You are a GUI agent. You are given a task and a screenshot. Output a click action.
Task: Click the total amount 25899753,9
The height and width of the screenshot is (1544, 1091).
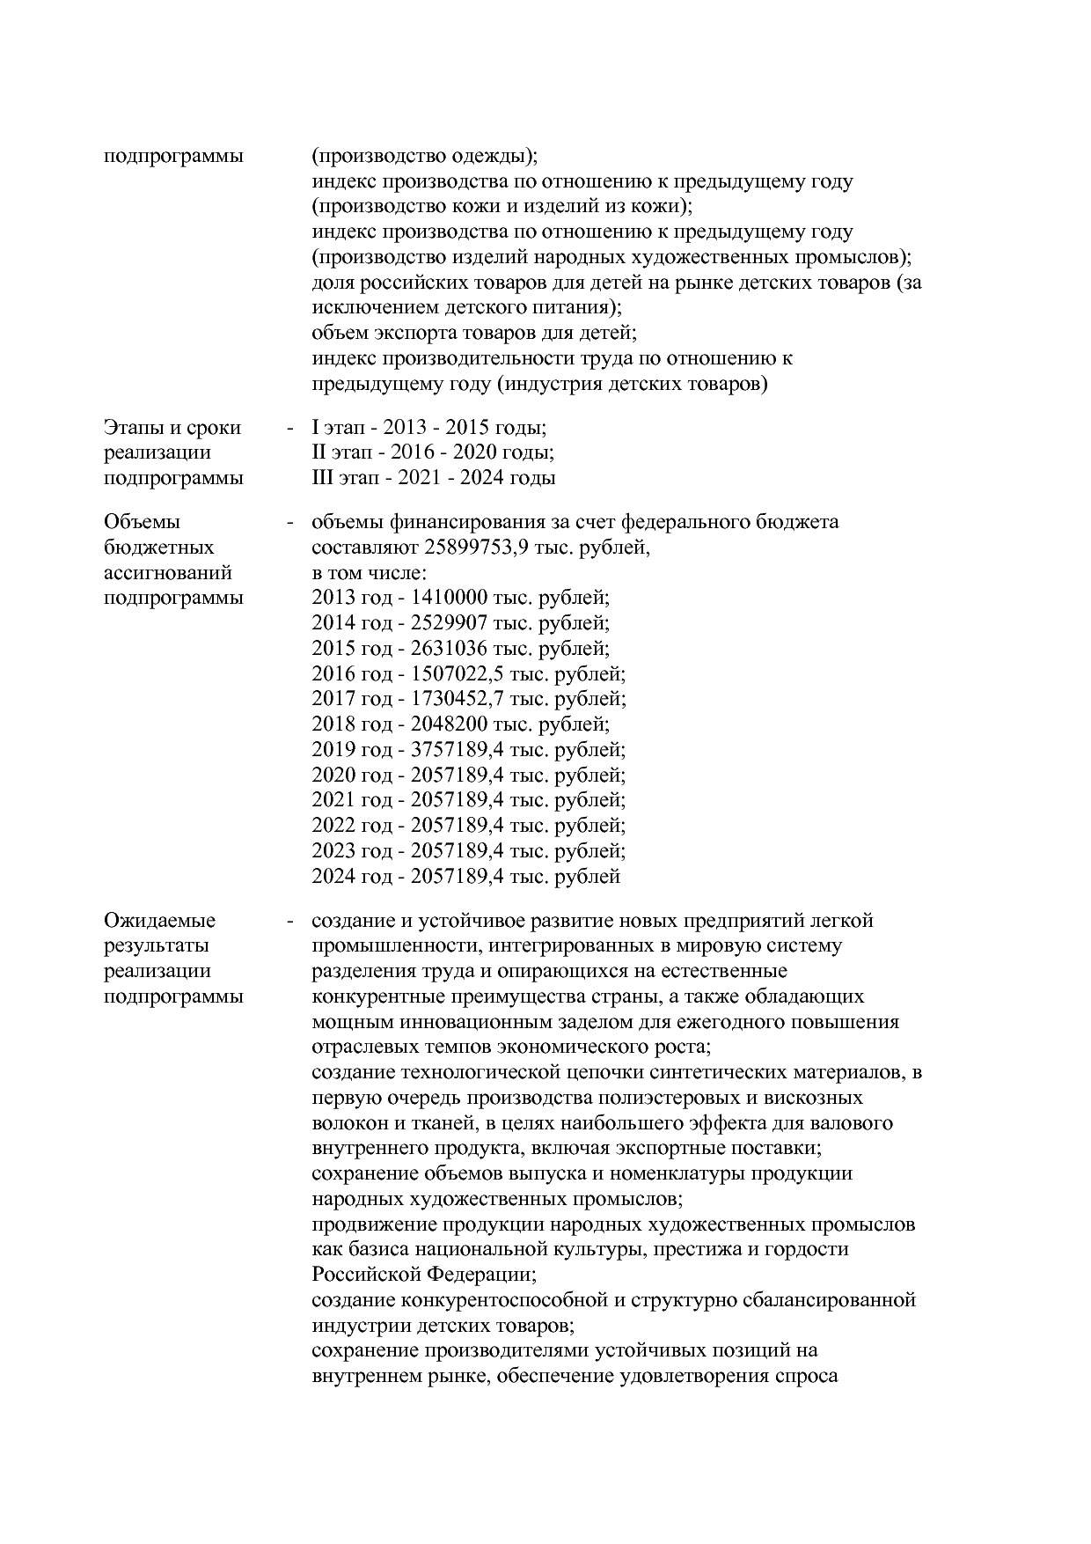480,548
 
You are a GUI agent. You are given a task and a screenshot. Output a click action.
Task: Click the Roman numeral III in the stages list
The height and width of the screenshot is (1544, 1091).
322,478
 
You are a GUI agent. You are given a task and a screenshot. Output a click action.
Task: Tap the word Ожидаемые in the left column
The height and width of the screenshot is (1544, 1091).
159,921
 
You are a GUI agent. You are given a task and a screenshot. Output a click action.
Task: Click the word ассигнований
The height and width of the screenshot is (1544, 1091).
167,573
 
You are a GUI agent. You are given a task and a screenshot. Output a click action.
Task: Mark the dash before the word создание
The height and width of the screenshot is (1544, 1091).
289,921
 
